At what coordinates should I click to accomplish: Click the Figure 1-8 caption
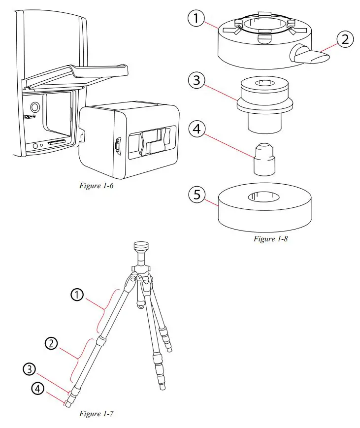tap(271, 238)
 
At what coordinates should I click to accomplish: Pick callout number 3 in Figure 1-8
tap(197, 80)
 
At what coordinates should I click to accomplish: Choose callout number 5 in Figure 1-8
tap(197, 195)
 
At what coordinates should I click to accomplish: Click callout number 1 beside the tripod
tap(77, 295)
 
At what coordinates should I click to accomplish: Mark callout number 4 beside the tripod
tap(36, 389)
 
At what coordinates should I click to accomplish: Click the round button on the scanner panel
tap(34, 107)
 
